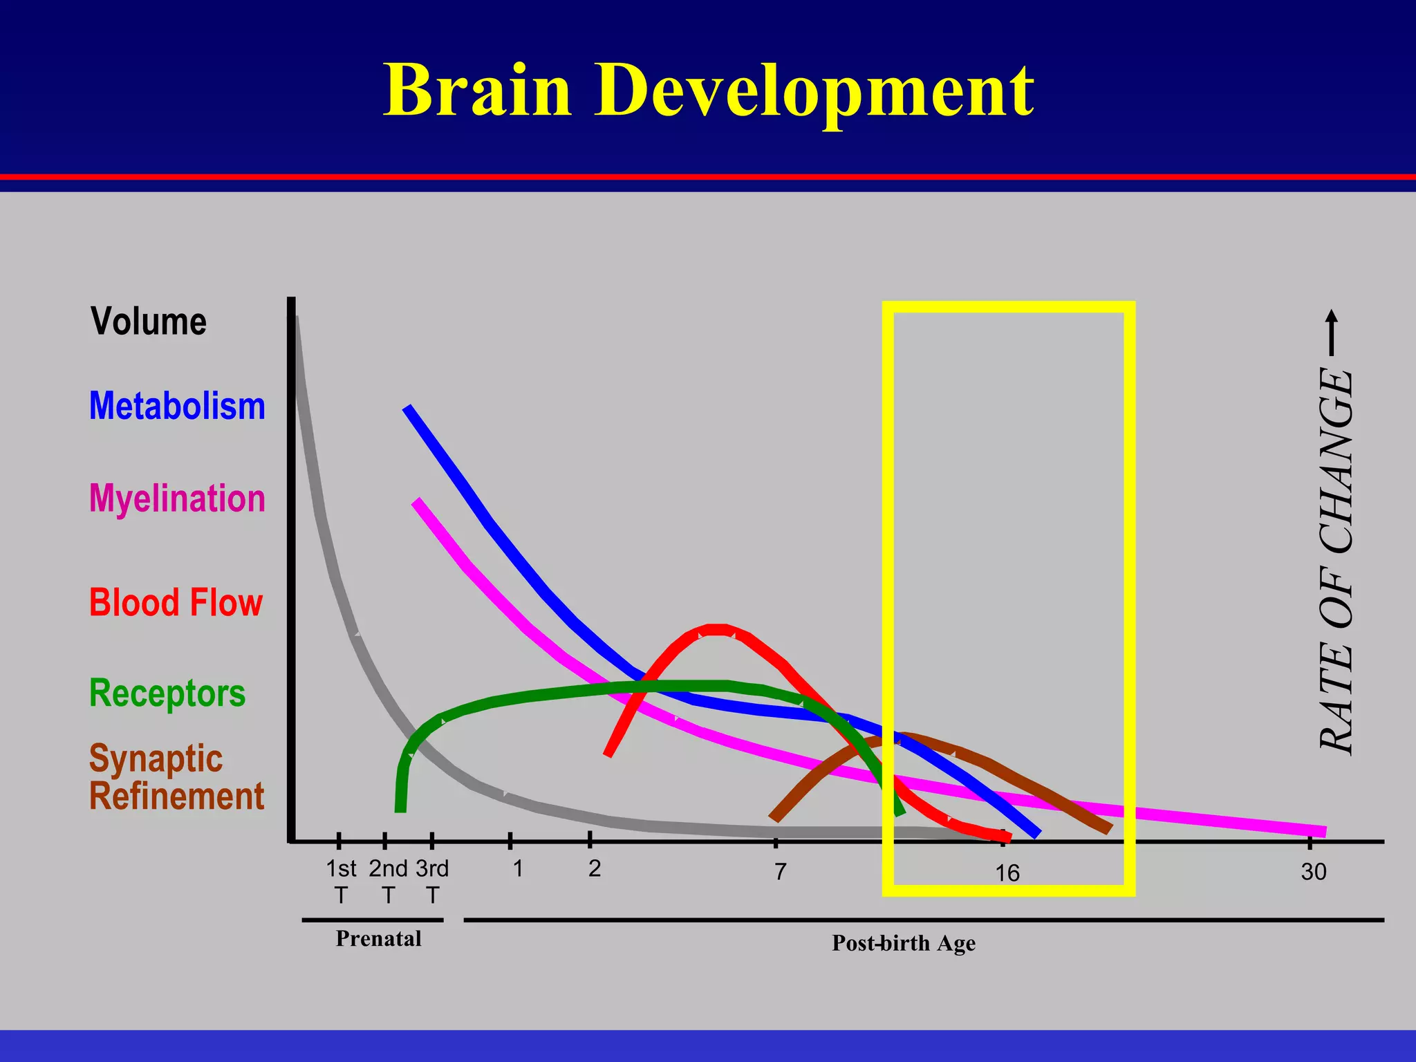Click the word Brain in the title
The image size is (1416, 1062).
tap(478, 90)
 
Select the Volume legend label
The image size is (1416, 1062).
tap(149, 322)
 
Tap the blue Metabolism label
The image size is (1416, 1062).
tap(177, 406)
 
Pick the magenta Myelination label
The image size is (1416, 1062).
tap(177, 499)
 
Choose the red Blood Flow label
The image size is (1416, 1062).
tap(176, 602)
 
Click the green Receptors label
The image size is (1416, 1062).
tap(167, 693)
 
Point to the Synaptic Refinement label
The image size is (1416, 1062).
tap(176, 777)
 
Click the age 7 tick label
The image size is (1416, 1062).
tap(780, 872)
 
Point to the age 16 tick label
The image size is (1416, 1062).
tap(1007, 873)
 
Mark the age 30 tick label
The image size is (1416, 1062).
tap(1314, 872)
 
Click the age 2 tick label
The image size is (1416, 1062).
tap(595, 868)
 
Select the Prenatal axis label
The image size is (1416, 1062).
tap(378, 939)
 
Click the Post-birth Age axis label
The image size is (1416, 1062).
tap(904, 943)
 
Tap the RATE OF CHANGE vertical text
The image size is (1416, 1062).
tap(1336, 560)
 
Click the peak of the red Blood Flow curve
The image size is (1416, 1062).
tap(719, 630)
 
